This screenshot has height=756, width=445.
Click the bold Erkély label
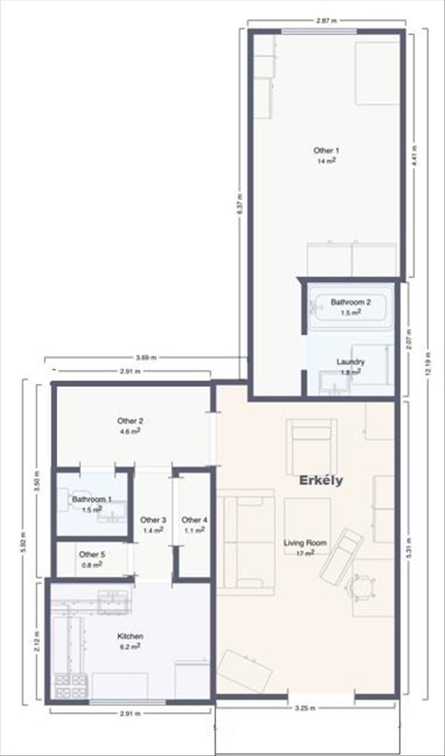click(x=321, y=481)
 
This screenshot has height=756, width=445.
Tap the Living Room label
click(x=305, y=542)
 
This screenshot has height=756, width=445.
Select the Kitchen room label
click(x=130, y=637)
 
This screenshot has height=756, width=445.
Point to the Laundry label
click(x=350, y=361)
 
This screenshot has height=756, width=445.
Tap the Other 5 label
click(x=91, y=554)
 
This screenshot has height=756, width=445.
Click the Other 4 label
click(x=194, y=520)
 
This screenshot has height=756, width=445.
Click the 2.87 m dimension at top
click(x=326, y=20)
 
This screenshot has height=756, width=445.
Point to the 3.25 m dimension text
click(x=305, y=708)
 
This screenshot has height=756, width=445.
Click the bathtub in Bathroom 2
click(x=351, y=308)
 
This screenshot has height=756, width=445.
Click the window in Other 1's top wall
click(x=320, y=32)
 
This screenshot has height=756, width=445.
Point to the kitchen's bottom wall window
click(x=128, y=702)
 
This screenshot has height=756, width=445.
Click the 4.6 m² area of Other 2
click(x=130, y=431)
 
